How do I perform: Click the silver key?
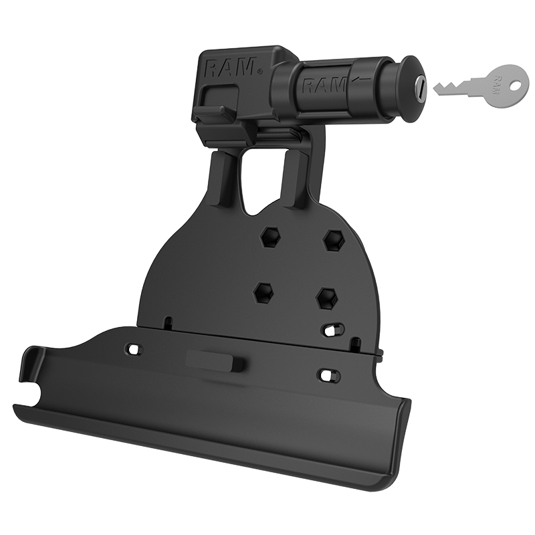(478, 85)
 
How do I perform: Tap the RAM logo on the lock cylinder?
(323, 86)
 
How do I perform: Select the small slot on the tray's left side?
(134, 349)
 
